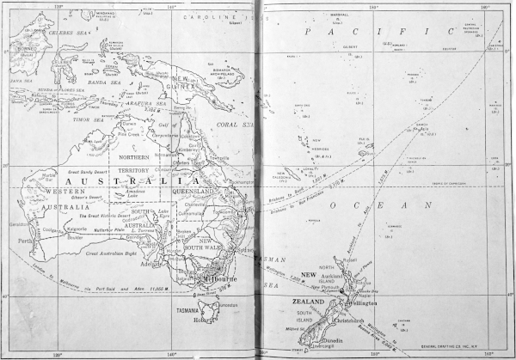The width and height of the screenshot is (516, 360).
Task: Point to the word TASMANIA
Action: point(187,309)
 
